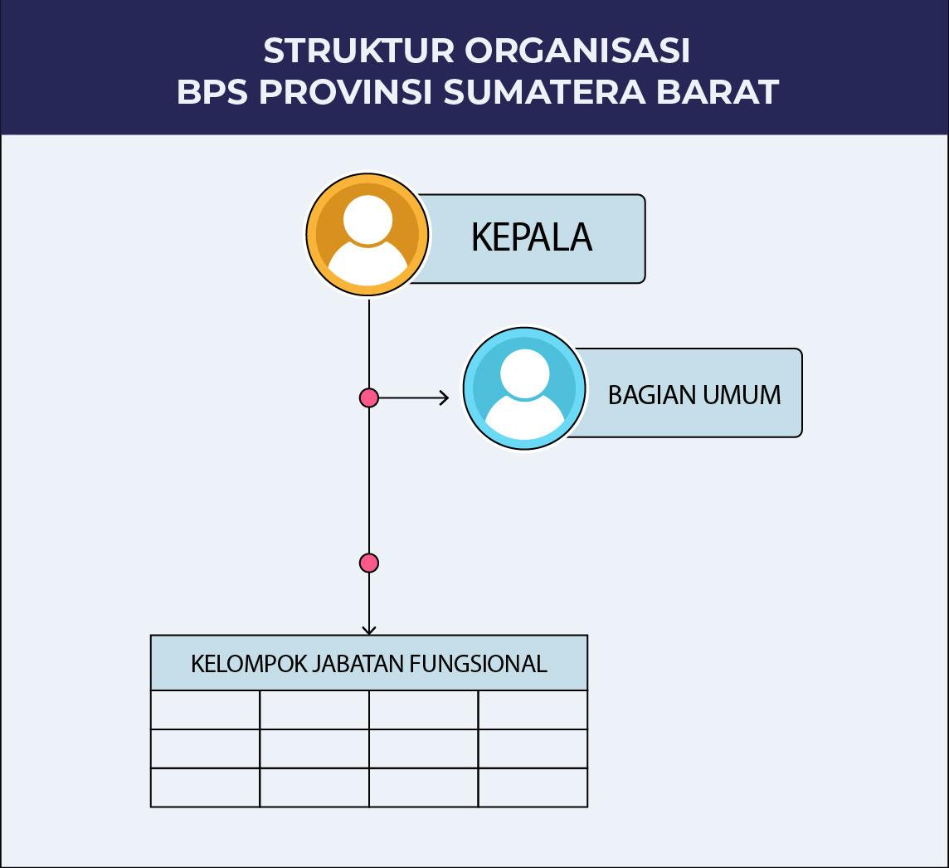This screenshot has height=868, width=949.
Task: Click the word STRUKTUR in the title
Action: [359, 51]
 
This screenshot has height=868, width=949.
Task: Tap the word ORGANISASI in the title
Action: [577, 51]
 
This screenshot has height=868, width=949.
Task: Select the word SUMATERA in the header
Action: [545, 92]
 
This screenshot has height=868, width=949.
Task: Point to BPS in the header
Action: [212, 92]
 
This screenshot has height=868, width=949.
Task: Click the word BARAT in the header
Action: [718, 92]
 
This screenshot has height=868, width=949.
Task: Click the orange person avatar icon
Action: [367, 235]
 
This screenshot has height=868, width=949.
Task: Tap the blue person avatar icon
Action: [525, 388]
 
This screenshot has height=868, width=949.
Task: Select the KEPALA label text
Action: [532, 237]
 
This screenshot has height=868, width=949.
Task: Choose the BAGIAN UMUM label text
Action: [694, 395]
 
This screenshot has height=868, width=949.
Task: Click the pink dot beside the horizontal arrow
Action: [369, 397]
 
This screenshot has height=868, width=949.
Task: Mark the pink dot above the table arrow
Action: [369, 563]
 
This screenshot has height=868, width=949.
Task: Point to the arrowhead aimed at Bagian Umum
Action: [445, 397]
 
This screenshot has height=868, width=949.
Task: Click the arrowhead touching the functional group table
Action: [369, 631]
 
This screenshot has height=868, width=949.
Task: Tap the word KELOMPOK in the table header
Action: [249, 664]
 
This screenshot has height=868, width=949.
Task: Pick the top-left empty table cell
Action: [205, 710]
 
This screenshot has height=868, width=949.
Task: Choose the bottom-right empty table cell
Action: [533, 788]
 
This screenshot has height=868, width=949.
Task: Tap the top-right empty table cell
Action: [533, 710]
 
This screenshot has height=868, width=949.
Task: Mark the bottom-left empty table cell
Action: [205, 788]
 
